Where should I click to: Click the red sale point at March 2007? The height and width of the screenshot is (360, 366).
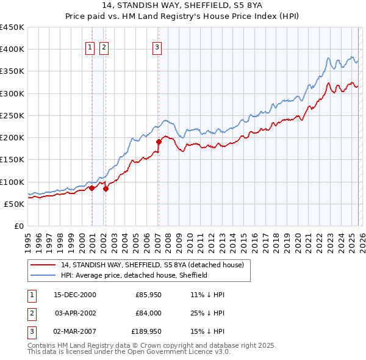[158, 142]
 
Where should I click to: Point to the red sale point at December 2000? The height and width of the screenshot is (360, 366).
[91, 188]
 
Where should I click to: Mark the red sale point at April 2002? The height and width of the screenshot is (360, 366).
[106, 189]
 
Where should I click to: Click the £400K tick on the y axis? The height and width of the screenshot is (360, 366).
[12, 49]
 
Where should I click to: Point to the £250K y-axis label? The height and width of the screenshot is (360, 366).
[12, 115]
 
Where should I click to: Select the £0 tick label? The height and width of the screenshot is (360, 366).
[18, 226]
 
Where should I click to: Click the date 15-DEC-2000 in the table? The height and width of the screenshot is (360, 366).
[75, 295]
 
